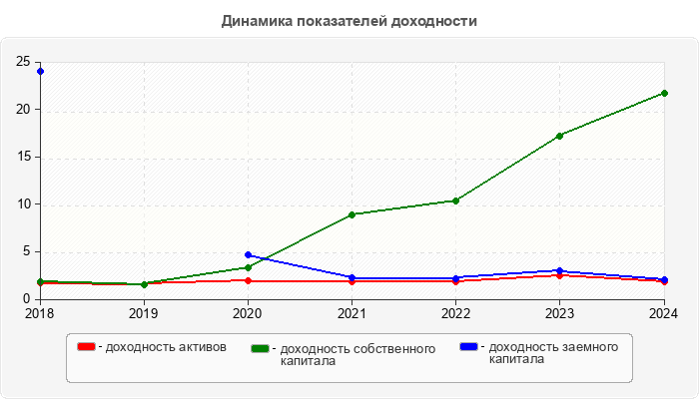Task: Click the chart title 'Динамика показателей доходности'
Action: [x=349, y=21]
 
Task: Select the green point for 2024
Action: [x=664, y=93]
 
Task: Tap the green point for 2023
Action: [x=559, y=136]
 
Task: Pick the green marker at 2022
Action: [x=455, y=200]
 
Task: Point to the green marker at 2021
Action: [x=351, y=214]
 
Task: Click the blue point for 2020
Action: [x=248, y=255]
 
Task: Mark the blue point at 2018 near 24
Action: [x=40, y=71]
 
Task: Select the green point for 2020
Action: [x=248, y=267]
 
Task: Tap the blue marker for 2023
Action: [x=559, y=270]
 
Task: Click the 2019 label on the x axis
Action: [x=144, y=313]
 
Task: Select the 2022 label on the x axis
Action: [x=455, y=313]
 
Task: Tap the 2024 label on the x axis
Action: [x=663, y=313]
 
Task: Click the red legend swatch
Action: [x=87, y=347]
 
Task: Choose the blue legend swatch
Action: [x=469, y=346]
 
